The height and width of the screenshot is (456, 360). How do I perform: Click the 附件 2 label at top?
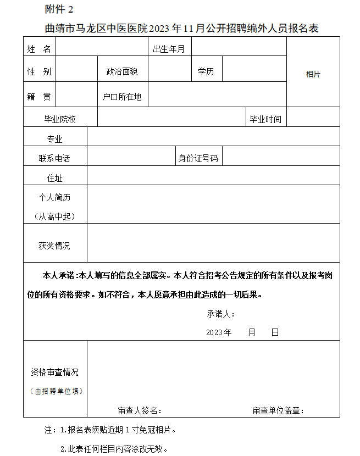[58, 9]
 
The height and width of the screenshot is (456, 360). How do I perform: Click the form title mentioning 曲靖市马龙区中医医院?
[181, 27]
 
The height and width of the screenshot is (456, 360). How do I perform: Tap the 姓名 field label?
[39, 49]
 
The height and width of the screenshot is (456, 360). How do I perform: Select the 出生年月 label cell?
[169, 49]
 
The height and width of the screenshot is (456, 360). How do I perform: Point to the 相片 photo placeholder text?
[313, 74]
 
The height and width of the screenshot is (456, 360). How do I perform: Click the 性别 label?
[39, 71]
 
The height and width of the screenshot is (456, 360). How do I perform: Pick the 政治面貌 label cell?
[122, 71]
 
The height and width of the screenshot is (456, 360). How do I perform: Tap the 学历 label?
[206, 71]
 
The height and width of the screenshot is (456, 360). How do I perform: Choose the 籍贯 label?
[39, 97]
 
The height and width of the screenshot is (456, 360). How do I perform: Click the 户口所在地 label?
[122, 97]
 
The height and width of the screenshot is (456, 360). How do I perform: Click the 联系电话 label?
[54, 158]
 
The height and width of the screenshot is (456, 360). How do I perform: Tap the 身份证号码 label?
[198, 158]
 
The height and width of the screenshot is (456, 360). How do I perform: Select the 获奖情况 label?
[54, 246]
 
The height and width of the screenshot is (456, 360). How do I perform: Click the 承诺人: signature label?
[221, 314]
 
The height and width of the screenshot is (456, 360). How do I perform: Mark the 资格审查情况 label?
[54, 372]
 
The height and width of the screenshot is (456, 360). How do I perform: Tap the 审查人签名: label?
[140, 410]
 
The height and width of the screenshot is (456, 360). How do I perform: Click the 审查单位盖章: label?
[279, 410]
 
